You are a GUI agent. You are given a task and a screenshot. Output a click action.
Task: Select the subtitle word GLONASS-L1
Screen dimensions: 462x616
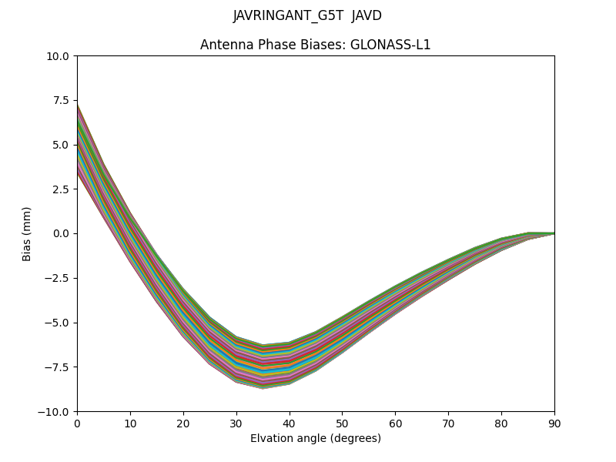(x=390, y=45)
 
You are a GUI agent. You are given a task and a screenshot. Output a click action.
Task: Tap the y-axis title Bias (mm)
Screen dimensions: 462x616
(x=27, y=233)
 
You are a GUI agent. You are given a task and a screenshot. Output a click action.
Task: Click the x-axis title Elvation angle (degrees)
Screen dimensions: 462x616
(x=316, y=438)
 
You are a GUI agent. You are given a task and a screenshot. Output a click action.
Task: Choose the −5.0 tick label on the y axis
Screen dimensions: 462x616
(x=59, y=323)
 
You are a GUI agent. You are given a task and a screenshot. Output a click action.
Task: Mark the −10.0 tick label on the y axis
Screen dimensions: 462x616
(x=56, y=411)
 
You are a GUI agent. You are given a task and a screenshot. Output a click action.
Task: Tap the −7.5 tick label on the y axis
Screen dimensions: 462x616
(x=59, y=367)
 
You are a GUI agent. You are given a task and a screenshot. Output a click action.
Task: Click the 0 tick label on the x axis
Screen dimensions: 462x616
(x=77, y=423)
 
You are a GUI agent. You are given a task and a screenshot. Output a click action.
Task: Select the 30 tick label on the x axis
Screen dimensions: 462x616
(x=236, y=423)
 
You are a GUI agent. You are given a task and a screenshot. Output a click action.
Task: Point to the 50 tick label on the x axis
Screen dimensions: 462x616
(x=342, y=423)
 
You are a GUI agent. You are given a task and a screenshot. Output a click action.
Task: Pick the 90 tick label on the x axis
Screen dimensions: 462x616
(x=554, y=423)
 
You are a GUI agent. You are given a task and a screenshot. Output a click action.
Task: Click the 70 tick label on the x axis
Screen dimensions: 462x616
(x=448, y=423)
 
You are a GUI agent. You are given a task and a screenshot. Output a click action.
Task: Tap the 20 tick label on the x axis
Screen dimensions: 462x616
(x=183, y=423)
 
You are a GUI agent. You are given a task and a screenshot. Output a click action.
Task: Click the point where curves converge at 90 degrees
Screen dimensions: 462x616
(x=554, y=233)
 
